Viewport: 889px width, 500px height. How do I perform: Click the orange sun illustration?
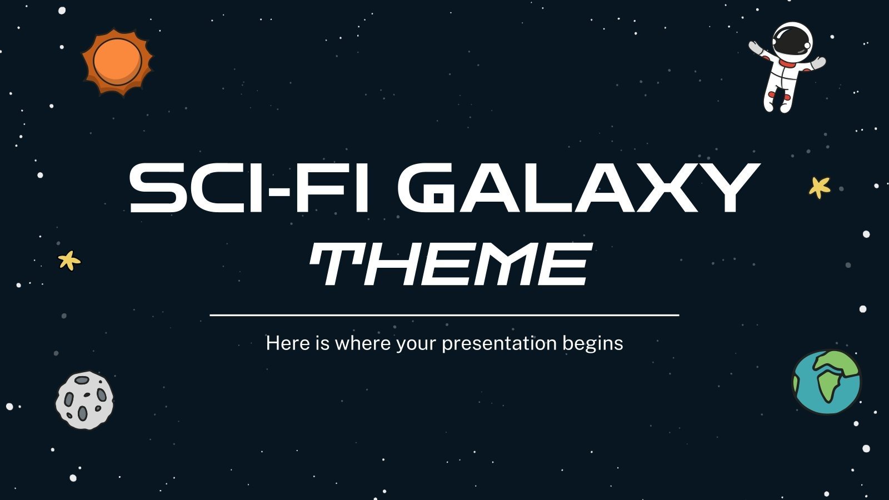click(x=117, y=61)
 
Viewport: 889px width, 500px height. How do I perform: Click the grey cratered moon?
click(x=84, y=400)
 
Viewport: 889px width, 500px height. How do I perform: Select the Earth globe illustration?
click(x=826, y=382)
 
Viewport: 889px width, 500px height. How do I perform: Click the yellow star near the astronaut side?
click(x=819, y=187)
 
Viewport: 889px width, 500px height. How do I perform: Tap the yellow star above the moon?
click(x=69, y=260)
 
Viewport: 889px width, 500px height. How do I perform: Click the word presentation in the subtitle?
click(x=500, y=343)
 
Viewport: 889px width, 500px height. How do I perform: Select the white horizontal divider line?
click(x=444, y=315)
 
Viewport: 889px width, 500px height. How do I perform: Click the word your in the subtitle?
click(x=417, y=343)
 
